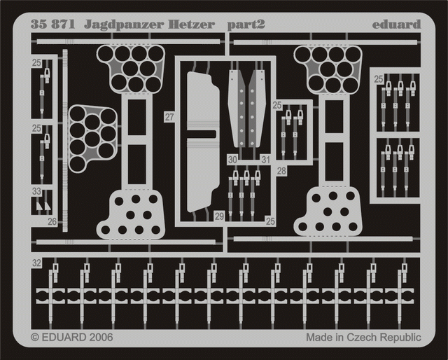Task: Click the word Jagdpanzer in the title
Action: coord(124,25)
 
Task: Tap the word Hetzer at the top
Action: coord(191,25)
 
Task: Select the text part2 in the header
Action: coord(246,25)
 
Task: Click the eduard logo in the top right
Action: coord(397,25)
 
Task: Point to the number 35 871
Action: coord(52,25)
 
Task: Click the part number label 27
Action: coord(169,117)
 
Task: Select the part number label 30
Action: coord(232,160)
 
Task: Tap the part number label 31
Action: coord(266,160)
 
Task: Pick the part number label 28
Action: coord(281,171)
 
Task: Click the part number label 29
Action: coord(219,216)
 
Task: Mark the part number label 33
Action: coord(36,191)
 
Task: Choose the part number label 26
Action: coord(52,221)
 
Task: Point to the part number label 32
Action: coord(36,263)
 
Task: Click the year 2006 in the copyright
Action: coord(101,338)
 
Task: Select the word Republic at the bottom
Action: coord(401,338)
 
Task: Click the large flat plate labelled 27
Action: coord(202,142)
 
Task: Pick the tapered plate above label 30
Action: coord(237,109)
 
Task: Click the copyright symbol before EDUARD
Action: coord(35,338)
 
